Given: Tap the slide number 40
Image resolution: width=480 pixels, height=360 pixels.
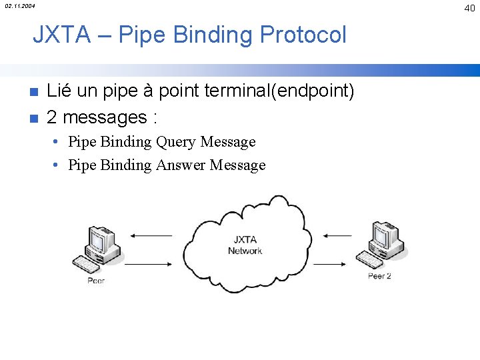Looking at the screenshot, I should [x=469, y=7].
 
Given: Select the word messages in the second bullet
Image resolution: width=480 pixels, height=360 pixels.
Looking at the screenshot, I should [x=105, y=118].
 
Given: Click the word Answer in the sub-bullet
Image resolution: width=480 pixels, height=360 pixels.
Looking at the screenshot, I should [x=181, y=165].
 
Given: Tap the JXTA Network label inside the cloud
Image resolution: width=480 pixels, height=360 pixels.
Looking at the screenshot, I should [x=245, y=245].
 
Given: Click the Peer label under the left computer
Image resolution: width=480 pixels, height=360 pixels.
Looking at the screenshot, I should [x=96, y=281].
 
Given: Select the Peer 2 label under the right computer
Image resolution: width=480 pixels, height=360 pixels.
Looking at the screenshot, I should [x=379, y=276].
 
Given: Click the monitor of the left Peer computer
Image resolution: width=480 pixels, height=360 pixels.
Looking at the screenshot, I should [x=103, y=239].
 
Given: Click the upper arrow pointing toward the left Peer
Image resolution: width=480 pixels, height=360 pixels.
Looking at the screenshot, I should [x=151, y=235].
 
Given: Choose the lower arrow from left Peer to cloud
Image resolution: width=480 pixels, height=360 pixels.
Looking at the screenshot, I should [x=148, y=265].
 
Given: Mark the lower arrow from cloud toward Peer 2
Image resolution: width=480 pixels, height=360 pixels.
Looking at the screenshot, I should [x=337, y=264].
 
